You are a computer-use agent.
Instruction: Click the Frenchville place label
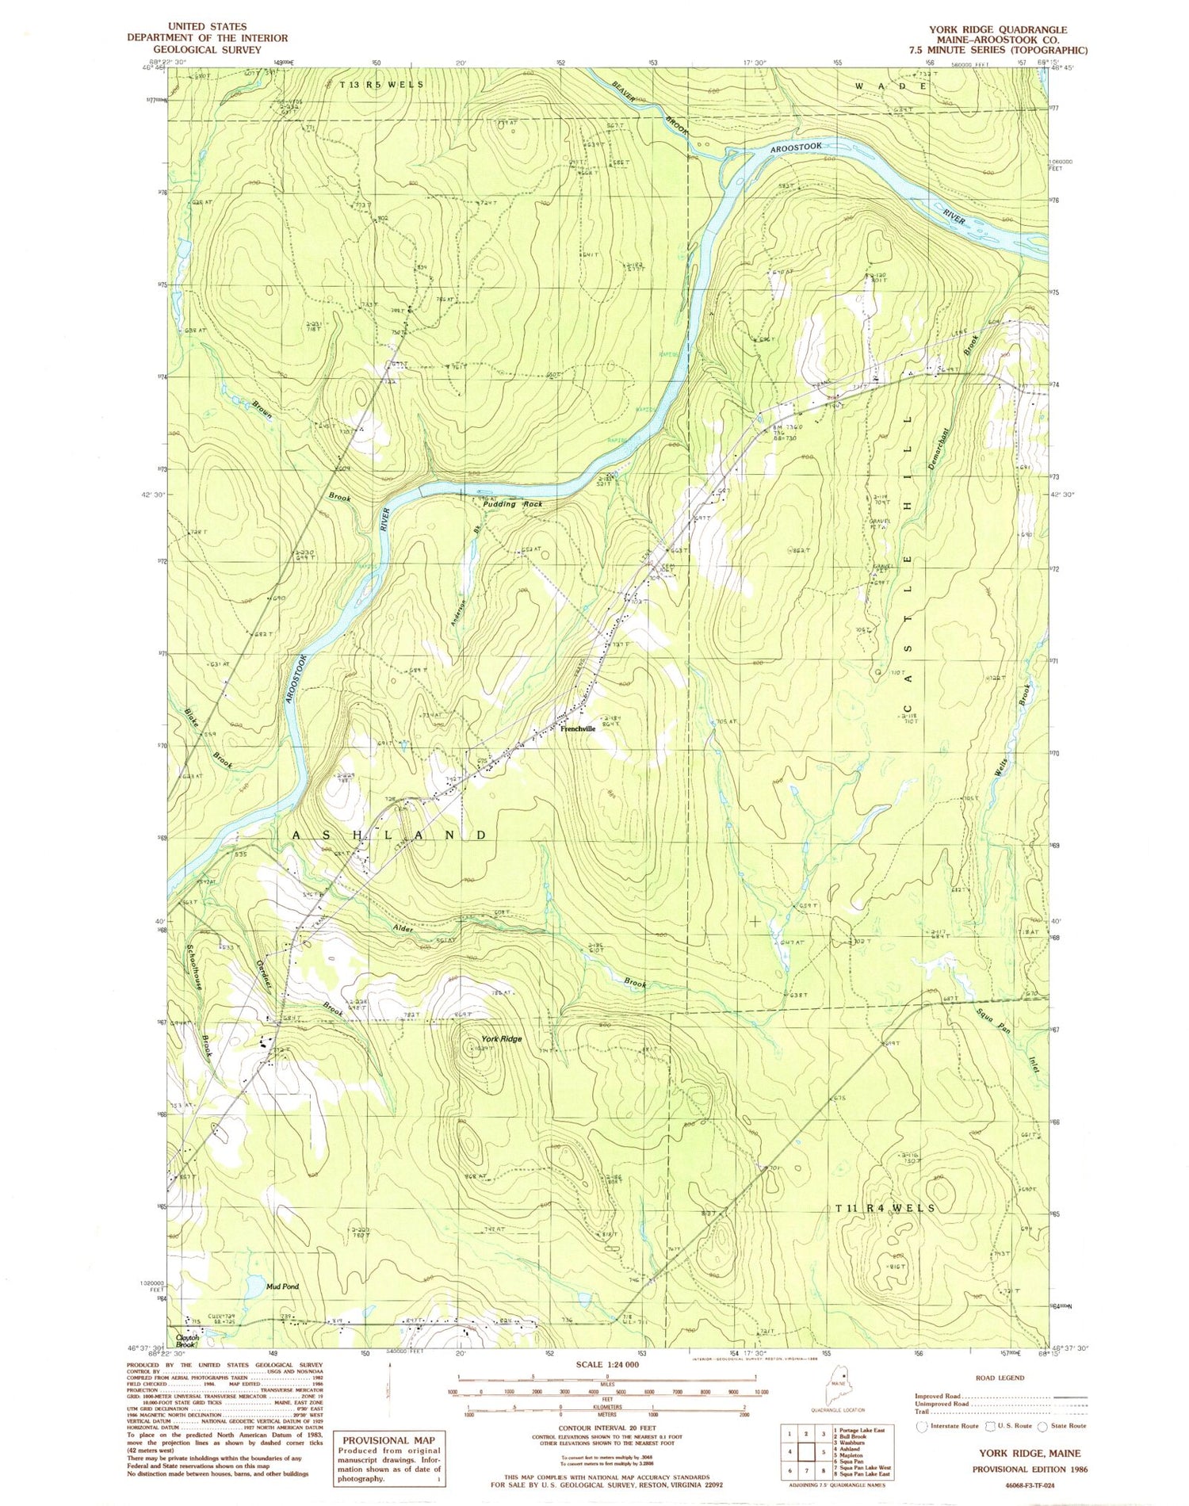578,728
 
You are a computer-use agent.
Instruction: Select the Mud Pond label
282,1286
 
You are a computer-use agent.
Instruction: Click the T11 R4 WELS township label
885,1208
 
